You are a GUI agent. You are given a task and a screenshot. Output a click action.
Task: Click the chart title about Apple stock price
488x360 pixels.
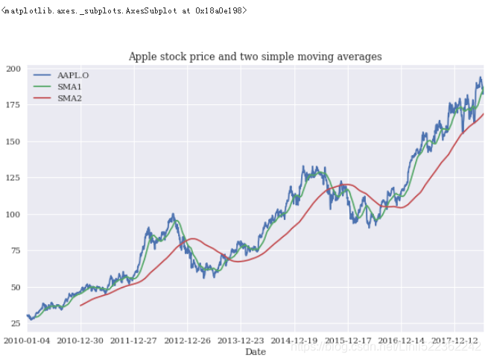tap(255, 57)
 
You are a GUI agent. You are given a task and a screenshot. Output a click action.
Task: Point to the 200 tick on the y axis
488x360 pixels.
tap(13, 69)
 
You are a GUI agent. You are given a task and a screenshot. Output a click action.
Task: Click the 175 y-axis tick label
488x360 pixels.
tap(13, 105)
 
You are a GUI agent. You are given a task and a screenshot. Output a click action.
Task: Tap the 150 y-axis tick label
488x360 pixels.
tap(13, 142)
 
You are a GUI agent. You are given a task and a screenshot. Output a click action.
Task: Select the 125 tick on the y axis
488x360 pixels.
tap(13, 178)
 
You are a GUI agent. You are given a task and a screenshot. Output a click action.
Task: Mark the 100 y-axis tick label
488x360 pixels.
tap(13, 215)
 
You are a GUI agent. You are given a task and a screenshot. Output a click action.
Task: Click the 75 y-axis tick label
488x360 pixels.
tap(15, 251)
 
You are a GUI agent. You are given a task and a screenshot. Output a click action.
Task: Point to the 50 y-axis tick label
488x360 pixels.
tap(15, 288)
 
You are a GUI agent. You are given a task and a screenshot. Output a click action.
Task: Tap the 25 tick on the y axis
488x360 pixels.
tap(15, 323)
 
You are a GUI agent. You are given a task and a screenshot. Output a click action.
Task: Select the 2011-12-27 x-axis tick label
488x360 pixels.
tap(135, 341)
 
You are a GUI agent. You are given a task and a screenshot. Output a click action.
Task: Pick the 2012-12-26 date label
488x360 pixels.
tap(188, 341)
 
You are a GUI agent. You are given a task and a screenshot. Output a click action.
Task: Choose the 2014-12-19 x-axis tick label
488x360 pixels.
tap(295, 341)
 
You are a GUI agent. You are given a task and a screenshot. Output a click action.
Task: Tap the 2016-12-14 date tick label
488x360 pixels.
tap(402, 341)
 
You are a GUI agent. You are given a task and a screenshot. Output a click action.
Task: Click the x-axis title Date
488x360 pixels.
tap(256, 352)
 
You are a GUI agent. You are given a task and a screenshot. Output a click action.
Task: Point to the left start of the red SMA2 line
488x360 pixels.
tap(81, 306)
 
